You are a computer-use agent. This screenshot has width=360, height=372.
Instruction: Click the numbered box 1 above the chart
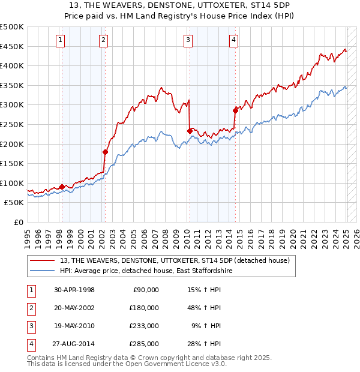(61, 40)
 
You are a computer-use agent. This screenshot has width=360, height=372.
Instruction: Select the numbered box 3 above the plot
(188, 40)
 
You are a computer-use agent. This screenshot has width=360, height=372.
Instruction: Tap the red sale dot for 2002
(105, 152)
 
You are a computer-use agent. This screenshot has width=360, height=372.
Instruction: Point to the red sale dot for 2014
(235, 110)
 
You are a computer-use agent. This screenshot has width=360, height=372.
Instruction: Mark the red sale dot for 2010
(190, 131)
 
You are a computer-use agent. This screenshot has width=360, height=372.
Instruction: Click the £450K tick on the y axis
(12, 46)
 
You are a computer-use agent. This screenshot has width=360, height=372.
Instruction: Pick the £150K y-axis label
(12, 163)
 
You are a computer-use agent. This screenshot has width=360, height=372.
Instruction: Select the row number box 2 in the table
(30, 308)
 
